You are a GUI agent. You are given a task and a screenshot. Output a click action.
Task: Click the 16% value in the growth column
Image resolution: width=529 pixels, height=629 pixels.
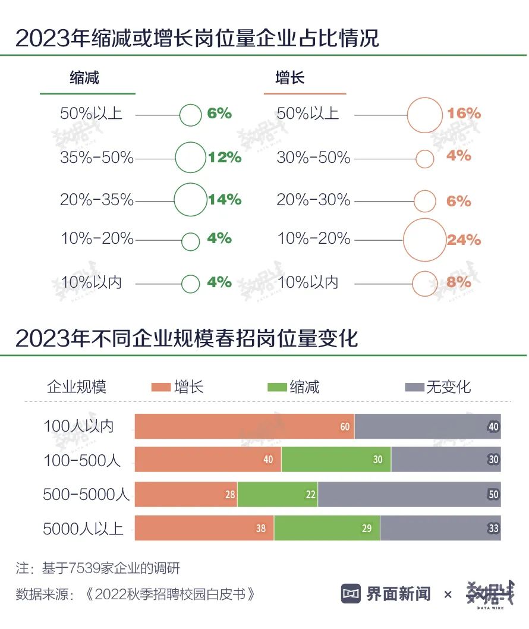click(464, 114)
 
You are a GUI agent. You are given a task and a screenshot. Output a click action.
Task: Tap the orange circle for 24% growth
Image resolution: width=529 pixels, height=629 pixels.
click(424, 240)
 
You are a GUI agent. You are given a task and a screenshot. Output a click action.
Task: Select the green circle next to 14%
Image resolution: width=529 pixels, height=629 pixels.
click(190, 200)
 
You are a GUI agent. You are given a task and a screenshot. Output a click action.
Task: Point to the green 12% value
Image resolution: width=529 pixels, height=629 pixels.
click(225, 158)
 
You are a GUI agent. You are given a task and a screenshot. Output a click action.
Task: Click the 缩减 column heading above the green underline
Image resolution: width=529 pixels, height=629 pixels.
click(84, 78)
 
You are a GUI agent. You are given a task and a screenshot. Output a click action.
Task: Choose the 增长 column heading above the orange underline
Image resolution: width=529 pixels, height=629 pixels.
click(290, 78)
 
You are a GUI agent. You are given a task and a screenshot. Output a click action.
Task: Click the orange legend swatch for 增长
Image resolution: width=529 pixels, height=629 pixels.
click(160, 388)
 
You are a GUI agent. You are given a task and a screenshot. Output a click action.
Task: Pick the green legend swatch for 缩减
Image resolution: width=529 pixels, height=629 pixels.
click(277, 388)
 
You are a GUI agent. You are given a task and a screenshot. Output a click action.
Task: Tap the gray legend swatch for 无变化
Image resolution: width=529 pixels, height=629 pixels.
click(414, 388)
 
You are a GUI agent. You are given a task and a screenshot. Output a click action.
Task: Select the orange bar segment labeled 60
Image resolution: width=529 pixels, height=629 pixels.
click(244, 426)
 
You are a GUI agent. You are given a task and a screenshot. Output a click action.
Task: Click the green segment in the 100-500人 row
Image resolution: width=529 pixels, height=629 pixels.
click(336, 460)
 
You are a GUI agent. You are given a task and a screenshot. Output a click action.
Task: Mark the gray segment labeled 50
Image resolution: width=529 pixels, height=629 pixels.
click(409, 494)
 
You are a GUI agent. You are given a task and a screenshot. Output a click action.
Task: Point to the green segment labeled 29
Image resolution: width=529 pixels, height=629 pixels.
click(326, 528)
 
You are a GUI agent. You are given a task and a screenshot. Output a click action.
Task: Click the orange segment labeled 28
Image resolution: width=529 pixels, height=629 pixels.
click(186, 494)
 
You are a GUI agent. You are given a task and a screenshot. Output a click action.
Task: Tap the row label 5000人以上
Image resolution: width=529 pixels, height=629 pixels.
click(83, 528)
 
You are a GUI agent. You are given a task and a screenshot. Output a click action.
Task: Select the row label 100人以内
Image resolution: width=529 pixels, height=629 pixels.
click(78, 426)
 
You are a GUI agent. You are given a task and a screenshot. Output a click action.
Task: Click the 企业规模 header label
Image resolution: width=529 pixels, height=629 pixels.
click(77, 388)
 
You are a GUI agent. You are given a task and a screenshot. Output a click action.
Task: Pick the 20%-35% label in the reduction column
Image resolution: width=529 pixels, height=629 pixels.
click(97, 200)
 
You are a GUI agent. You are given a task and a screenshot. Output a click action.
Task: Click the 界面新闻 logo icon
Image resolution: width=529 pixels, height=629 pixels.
click(351, 593)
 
